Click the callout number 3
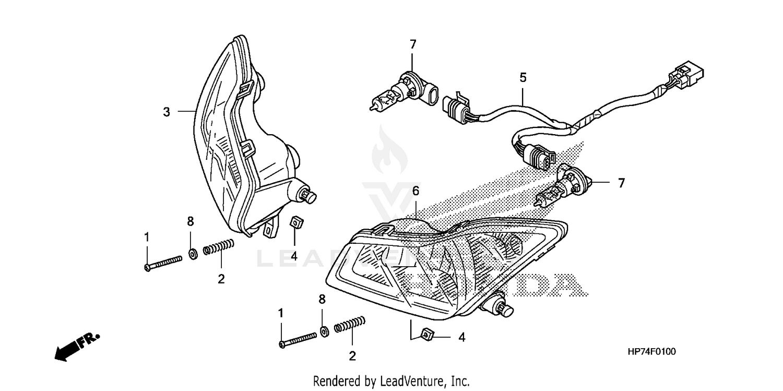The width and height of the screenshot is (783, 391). tap(167, 112)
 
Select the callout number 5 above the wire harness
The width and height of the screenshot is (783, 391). tap(523, 78)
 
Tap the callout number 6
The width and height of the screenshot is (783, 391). tap(416, 192)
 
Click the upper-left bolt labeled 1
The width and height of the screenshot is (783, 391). tap(162, 262)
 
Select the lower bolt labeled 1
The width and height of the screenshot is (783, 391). tap(298, 339)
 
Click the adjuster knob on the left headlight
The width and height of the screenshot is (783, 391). tap(308, 196)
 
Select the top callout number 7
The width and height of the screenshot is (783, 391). tap(413, 45)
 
